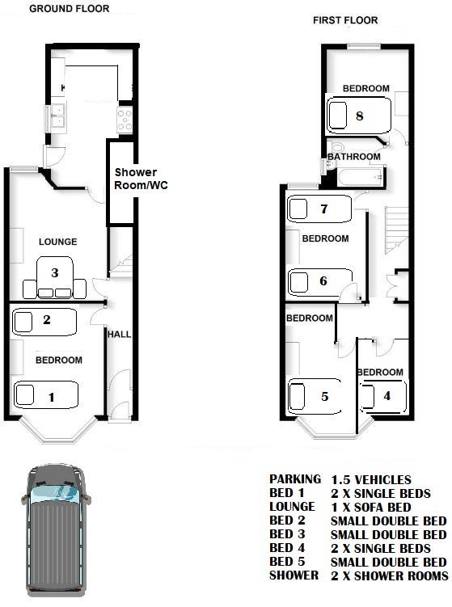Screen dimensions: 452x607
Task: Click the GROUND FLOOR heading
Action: coord(70,9)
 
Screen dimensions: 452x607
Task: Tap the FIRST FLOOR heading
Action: coord(345,20)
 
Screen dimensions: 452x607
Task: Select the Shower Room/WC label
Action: coord(141,179)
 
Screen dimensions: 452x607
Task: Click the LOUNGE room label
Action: coord(57,242)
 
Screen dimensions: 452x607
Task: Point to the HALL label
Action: coord(119,334)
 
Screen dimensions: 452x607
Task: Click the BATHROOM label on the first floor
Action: coord(354,156)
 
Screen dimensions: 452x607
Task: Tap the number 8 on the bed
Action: coord(360,116)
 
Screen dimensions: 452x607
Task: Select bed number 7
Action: coord(319,209)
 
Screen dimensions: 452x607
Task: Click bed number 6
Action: coord(321,281)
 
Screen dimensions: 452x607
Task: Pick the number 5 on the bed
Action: coord(324,396)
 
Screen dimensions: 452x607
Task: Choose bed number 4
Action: coord(383,396)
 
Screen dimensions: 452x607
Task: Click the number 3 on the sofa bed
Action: coord(55,272)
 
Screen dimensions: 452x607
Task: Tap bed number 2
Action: coord(44,322)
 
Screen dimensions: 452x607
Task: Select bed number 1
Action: coord(46,395)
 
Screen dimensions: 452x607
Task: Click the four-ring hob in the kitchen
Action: coord(125,120)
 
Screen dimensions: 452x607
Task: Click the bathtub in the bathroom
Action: coord(361,178)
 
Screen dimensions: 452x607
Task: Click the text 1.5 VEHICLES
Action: coord(371,480)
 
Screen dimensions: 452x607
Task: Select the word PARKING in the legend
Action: coord(295,479)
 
